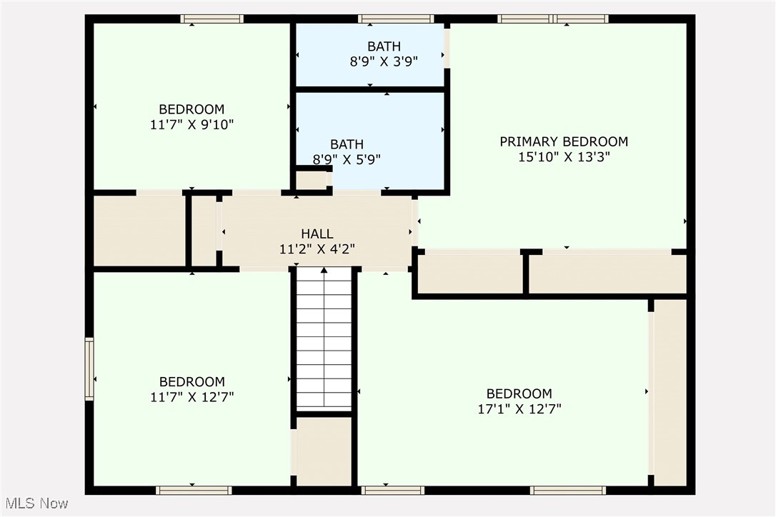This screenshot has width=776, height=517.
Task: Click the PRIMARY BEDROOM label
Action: click(563, 141)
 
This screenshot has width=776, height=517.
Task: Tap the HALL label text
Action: click(317, 234)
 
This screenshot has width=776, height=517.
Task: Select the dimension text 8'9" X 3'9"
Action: click(384, 61)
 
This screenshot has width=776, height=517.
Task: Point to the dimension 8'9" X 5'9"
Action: click(347, 159)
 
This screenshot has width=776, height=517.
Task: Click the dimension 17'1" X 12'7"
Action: click(519, 409)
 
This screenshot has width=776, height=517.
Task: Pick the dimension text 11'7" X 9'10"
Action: click(191, 124)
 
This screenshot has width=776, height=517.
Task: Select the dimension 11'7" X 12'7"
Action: click(191, 397)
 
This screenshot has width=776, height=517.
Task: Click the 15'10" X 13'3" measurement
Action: click(563, 157)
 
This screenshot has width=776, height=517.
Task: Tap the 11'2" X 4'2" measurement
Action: click(317, 249)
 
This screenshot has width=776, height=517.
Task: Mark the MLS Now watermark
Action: click(35, 503)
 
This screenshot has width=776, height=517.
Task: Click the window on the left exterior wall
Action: click(89, 368)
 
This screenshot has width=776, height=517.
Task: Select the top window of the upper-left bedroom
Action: click(212, 19)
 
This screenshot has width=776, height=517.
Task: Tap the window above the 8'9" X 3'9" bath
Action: click(395, 19)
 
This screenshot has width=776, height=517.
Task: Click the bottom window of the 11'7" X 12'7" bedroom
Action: click(194, 491)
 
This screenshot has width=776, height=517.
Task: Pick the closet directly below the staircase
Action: click(324, 451)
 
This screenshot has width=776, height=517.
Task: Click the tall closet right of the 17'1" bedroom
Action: click(670, 393)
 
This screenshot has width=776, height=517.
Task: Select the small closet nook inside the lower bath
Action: click(311, 180)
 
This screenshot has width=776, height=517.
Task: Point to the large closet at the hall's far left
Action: click(139, 231)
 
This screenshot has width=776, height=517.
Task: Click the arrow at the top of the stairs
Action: click(324, 271)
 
